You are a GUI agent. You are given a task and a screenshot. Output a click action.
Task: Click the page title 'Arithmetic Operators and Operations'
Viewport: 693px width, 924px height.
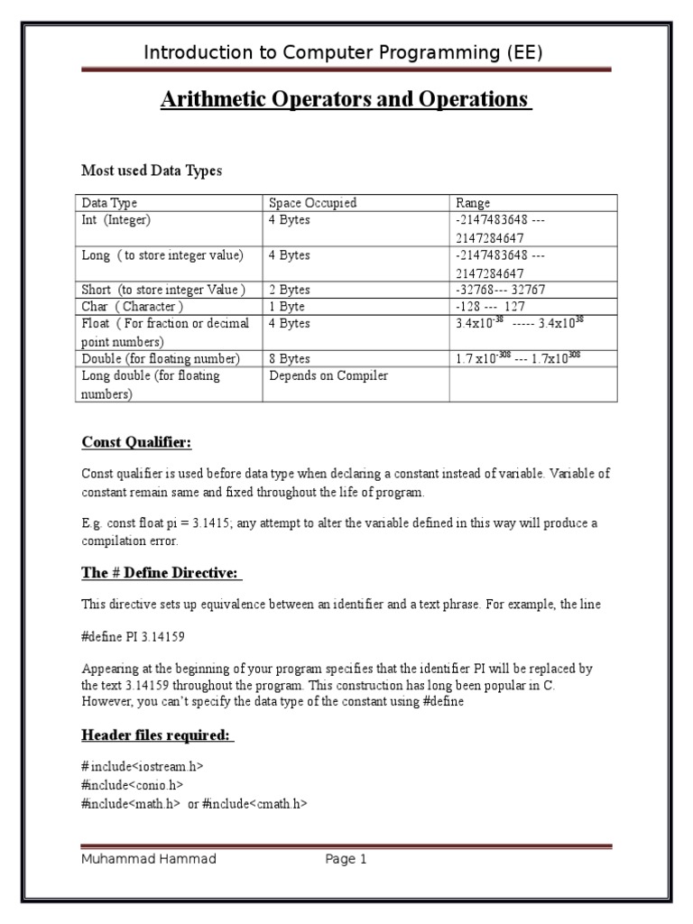pyautogui.click(x=346, y=99)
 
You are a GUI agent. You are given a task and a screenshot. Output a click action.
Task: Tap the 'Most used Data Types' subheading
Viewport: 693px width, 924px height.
pyautogui.click(x=152, y=171)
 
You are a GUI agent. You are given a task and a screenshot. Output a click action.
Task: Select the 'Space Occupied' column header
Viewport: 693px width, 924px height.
pyautogui.click(x=312, y=203)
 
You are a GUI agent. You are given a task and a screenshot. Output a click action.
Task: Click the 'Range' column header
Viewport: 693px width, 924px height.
pyautogui.click(x=473, y=203)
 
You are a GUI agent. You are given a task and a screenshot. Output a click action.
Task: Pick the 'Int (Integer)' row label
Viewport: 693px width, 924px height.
pyautogui.click(x=116, y=220)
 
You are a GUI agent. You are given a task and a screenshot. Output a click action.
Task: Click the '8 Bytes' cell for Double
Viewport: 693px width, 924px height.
pyautogui.click(x=289, y=358)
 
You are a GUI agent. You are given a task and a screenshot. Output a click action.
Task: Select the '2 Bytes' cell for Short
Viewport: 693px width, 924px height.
pyautogui.click(x=289, y=290)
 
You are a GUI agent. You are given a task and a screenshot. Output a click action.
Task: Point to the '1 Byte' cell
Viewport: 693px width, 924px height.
pyautogui.click(x=286, y=307)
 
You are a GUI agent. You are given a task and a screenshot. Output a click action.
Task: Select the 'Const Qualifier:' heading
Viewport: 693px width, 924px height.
pyautogui.click(x=136, y=442)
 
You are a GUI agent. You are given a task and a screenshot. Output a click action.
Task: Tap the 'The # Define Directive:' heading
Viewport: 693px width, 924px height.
pyautogui.click(x=162, y=574)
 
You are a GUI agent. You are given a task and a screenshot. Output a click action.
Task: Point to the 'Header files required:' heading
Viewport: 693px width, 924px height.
pyautogui.click(x=157, y=735)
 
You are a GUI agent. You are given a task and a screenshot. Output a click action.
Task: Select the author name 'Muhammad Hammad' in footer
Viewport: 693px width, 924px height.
pyautogui.click(x=149, y=860)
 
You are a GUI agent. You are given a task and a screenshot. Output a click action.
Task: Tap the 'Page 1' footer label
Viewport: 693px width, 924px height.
pyautogui.click(x=346, y=860)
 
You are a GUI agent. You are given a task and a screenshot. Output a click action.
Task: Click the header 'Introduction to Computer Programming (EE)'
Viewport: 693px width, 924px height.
pyautogui.click(x=344, y=53)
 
